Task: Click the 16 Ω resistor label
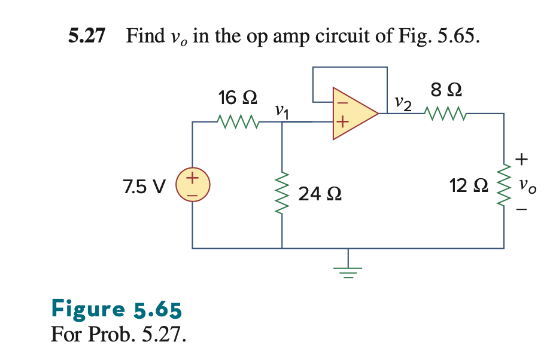click(x=238, y=97)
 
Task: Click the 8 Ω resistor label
click(x=446, y=91)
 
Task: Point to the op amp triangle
click(x=353, y=113)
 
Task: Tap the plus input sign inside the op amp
click(x=342, y=123)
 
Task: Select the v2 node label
click(x=403, y=104)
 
